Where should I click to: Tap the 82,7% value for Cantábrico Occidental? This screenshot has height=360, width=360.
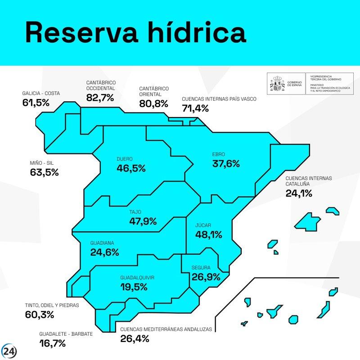click(x=100, y=98)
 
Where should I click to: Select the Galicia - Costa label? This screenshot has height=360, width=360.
click(x=41, y=94)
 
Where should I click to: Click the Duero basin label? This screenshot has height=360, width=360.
click(x=124, y=159)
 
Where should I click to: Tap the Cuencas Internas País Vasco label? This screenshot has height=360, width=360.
click(x=219, y=99)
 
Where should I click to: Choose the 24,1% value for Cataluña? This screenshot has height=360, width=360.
click(x=299, y=193)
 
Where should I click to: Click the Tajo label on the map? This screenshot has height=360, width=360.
click(x=135, y=211)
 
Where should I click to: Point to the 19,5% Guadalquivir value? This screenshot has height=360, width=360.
click(x=134, y=287)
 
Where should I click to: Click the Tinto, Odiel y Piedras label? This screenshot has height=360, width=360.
click(x=52, y=305)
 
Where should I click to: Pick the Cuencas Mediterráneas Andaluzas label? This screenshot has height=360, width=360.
click(x=166, y=329)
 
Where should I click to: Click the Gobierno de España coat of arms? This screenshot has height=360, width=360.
click(x=277, y=84)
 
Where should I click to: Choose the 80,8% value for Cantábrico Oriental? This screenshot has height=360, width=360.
click(x=153, y=104)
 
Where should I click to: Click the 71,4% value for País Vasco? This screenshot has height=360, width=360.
click(x=195, y=108)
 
